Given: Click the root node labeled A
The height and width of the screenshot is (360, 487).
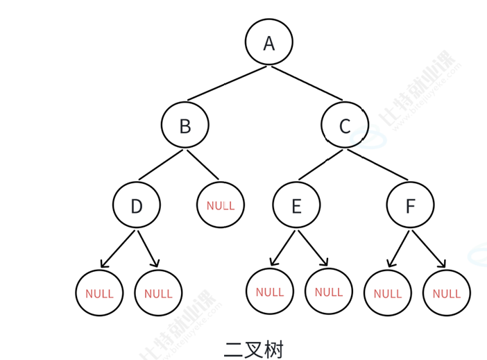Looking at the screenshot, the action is click(x=269, y=43).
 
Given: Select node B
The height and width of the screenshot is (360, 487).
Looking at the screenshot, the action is click(x=185, y=126).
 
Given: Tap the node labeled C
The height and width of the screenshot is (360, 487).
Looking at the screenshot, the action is click(x=345, y=126).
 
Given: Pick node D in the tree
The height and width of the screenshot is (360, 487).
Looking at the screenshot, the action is click(x=137, y=206).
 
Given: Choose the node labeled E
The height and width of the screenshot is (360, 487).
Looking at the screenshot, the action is click(x=296, y=206).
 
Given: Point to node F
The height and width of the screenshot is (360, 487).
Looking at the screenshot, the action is click(x=411, y=206).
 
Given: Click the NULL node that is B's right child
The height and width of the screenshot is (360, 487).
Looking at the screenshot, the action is click(x=221, y=205).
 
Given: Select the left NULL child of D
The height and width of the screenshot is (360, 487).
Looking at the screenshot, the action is click(x=99, y=293).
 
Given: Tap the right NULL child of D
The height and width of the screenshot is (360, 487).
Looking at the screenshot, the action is click(x=158, y=293).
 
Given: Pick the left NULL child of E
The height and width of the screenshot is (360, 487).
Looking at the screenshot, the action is click(x=270, y=292).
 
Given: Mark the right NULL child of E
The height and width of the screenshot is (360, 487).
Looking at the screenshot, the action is click(x=329, y=292).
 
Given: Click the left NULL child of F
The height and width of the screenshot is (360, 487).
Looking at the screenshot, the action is click(x=387, y=293).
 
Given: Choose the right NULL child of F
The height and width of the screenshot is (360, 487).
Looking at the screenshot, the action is click(x=446, y=293).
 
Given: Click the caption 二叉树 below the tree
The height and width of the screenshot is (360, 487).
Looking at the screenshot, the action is click(x=254, y=348).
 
